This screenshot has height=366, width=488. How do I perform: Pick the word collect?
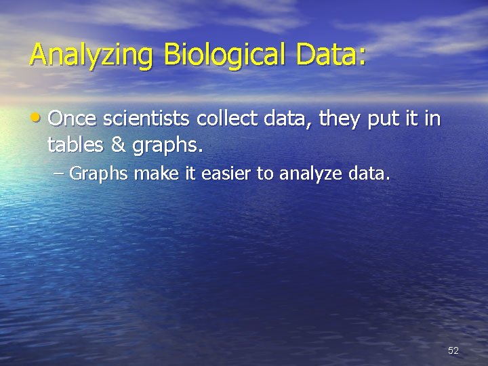point(226,120)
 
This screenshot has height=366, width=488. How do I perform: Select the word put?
point(383,121)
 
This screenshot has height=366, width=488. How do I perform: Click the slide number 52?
point(453,350)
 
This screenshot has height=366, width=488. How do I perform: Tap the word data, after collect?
point(287,120)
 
